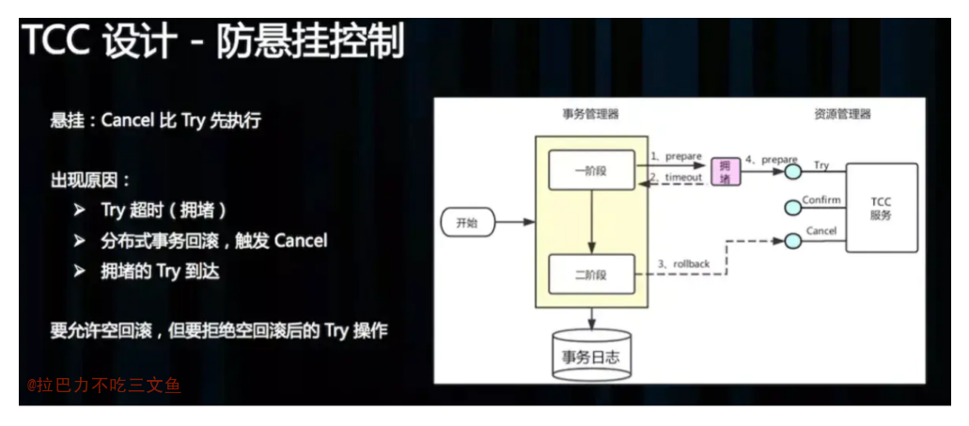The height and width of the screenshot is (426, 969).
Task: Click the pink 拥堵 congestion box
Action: (x=725, y=171)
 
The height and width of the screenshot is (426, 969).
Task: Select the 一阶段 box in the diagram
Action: (x=591, y=169)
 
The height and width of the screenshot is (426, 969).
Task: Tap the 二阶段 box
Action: (x=591, y=274)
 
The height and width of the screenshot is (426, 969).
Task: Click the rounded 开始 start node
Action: (x=467, y=223)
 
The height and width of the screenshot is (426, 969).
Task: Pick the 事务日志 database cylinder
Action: (x=591, y=355)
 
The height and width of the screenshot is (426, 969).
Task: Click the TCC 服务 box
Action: (x=882, y=208)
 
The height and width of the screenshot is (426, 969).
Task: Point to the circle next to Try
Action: (x=793, y=172)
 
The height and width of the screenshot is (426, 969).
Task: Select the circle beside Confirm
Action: (x=793, y=209)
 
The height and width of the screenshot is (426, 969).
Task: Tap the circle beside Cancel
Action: (x=793, y=241)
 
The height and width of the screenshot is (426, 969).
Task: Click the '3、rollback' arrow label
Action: (x=683, y=264)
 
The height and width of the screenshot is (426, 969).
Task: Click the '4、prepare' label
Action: (x=772, y=160)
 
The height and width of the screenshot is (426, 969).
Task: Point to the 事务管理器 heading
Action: (x=590, y=114)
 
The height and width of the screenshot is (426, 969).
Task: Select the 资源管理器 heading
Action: (x=842, y=114)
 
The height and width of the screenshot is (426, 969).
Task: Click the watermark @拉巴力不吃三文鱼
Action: (x=103, y=386)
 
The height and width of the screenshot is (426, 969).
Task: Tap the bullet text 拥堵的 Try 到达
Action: (x=160, y=271)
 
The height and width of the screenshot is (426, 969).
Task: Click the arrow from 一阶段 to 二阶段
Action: (x=591, y=222)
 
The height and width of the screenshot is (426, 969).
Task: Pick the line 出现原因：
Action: (x=90, y=181)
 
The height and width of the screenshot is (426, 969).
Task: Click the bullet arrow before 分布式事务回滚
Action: (x=79, y=241)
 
